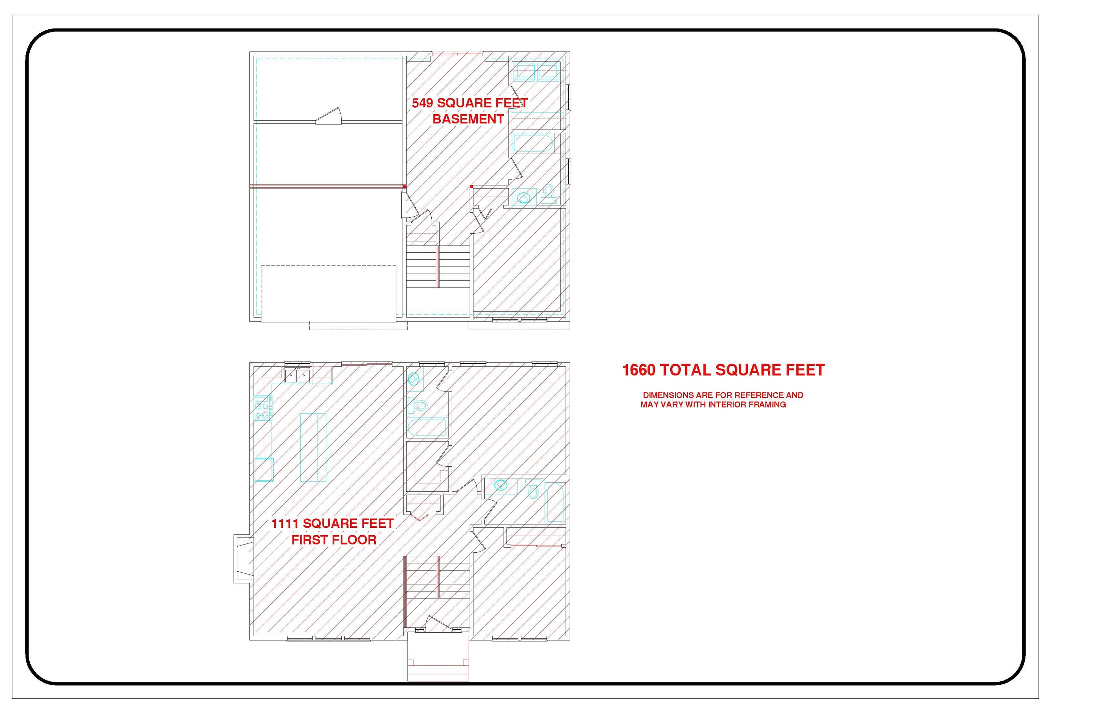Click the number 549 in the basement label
tap(422, 103)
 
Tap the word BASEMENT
tap(468, 119)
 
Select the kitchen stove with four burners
tap(264, 407)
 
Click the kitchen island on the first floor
tap(313, 447)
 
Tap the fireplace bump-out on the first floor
tap(243, 558)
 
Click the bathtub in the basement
tap(534, 143)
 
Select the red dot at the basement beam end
tap(405, 187)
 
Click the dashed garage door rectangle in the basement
tap(329, 293)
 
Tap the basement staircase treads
tap(438, 267)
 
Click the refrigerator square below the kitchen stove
tap(264, 469)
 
